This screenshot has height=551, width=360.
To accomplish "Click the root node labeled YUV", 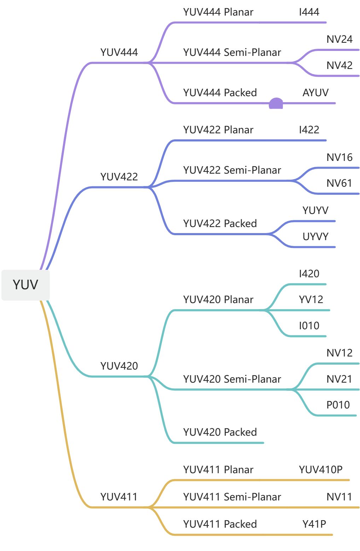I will [x=25, y=285].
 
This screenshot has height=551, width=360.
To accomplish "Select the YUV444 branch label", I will [x=119, y=53].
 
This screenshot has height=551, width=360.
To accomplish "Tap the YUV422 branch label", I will [x=119, y=177].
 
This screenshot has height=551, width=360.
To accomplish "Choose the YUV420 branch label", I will [x=119, y=366].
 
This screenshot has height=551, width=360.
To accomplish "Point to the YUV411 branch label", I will [x=119, y=497].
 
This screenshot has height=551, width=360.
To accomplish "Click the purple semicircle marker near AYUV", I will [x=276, y=104].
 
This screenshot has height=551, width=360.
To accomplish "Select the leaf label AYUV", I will [x=315, y=93].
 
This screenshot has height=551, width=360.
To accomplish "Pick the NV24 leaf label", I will [x=339, y=39].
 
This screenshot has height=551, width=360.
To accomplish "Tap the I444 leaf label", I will [x=309, y=12].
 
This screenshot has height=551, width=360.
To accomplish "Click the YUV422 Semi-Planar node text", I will [x=232, y=170].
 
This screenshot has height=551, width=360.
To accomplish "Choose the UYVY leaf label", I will [x=315, y=237].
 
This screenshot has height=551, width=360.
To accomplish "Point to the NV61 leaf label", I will [x=339, y=183].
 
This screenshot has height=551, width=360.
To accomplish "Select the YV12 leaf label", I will [x=311, y=300].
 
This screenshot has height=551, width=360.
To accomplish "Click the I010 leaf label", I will [x=309, y=326].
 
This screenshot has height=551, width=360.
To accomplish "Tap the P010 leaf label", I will [x=338, y=405].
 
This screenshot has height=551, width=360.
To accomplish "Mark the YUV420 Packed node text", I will [x=220, y=432].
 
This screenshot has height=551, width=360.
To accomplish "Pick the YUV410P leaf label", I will [x=320, y=470].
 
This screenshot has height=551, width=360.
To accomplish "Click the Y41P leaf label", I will [x=314, y=524].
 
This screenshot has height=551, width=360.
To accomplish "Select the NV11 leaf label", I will [x=339, y=497].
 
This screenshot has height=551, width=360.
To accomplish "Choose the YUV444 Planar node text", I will [x=218, y=12].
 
